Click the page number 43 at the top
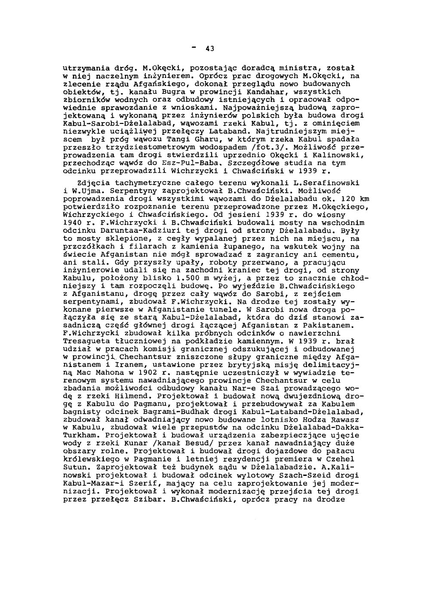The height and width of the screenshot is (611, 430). [209, 48]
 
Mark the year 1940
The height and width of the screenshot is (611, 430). [71, 223]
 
